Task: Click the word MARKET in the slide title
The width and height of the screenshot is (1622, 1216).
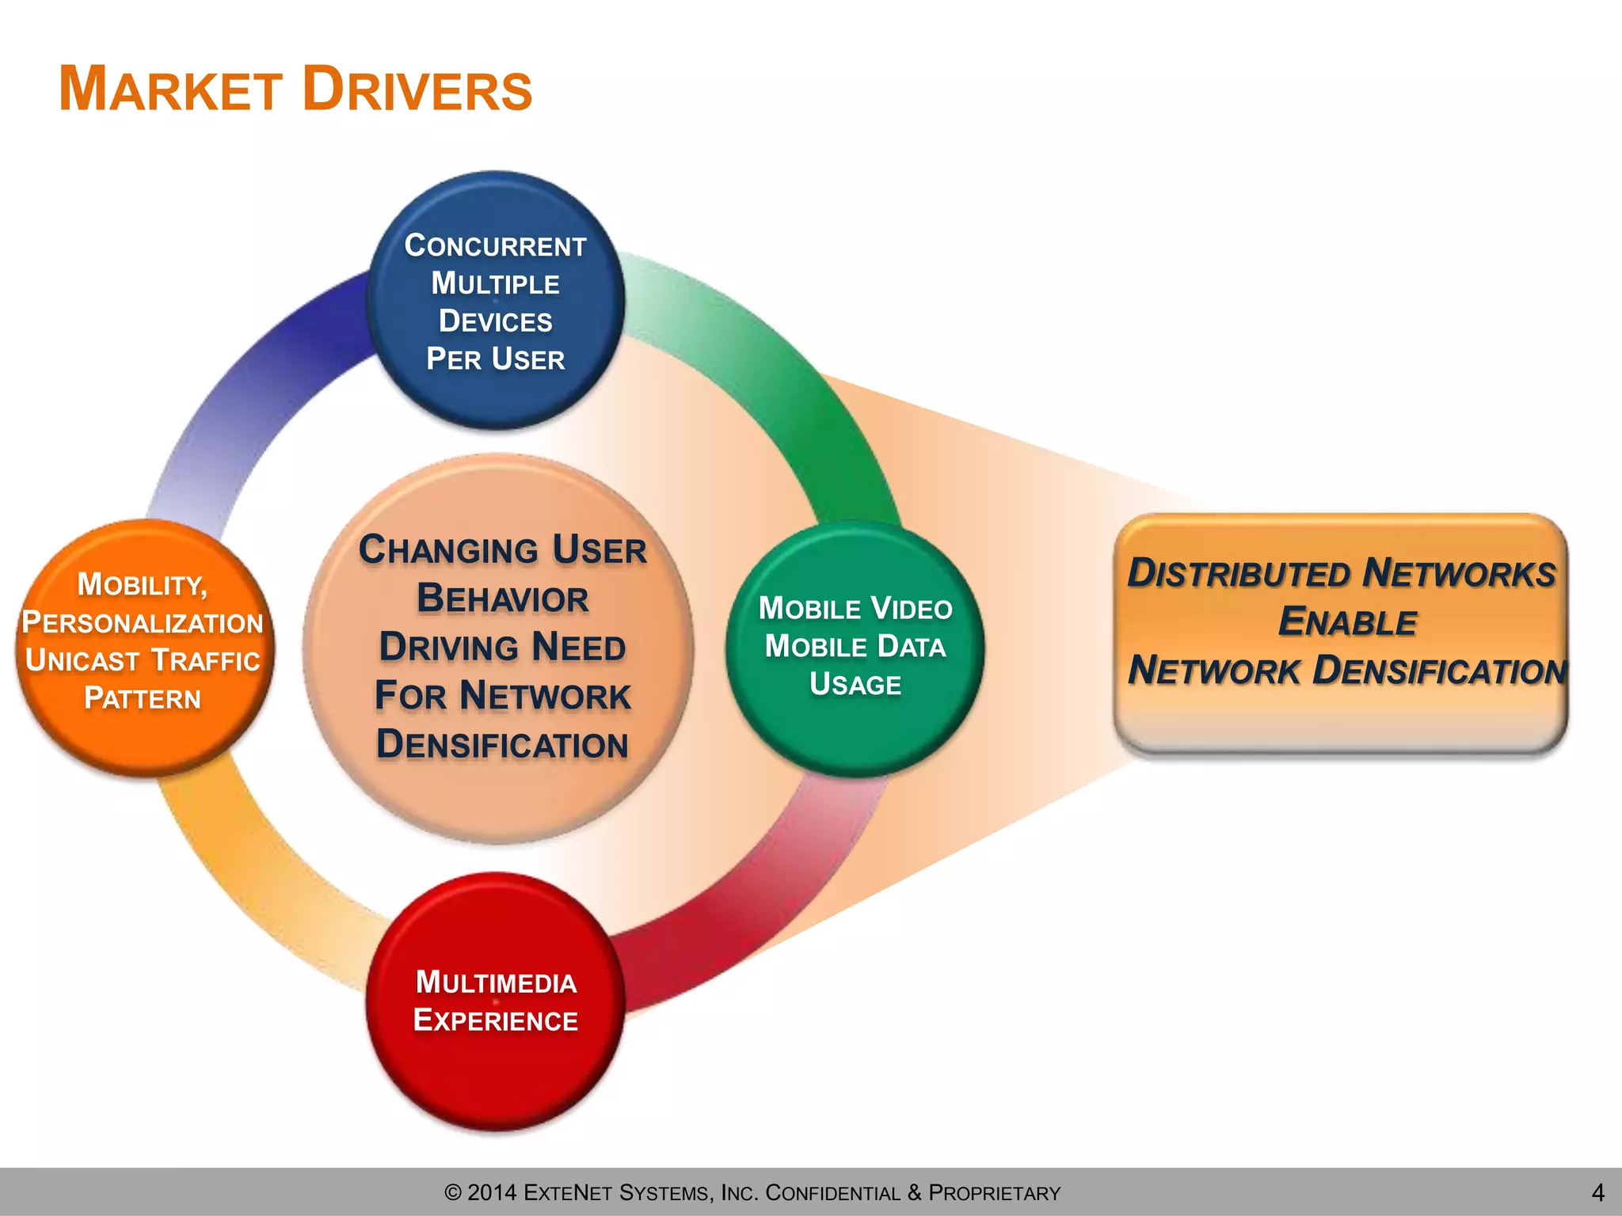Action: coord(170,89)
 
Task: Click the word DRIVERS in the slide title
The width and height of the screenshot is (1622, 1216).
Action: coord(417,89)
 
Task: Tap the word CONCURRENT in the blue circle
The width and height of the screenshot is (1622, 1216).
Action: coord(495,245)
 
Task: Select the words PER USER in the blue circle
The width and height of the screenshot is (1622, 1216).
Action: coord(495,359)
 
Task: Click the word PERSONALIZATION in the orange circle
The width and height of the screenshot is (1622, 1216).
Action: coord(143,623)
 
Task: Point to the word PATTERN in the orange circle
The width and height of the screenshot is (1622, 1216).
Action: coord(143,698)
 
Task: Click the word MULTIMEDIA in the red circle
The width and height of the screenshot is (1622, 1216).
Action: coord(496,982)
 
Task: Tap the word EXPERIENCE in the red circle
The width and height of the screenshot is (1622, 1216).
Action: coord(496,1020)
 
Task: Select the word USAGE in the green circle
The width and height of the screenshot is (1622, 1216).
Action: coord(855,685)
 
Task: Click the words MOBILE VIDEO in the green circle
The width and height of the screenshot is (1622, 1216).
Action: coord(855,609)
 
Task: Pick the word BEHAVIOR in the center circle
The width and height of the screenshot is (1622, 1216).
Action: coord(502,598)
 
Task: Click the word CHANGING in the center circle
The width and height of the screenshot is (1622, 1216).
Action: coord(447,550)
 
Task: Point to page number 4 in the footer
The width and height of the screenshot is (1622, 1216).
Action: coord(1597,1192)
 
